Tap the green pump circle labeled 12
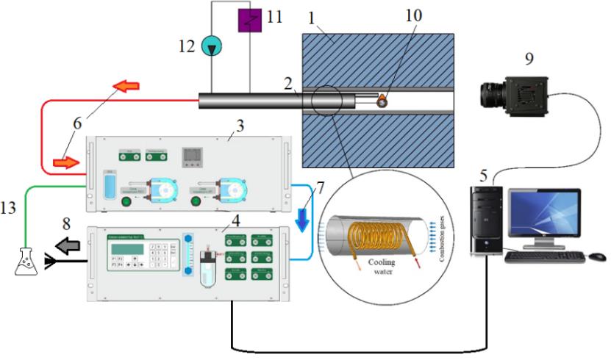coord(211,46)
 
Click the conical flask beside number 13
coord(26,262)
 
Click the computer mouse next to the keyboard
coord(597,257)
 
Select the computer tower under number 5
coord(486,220)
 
